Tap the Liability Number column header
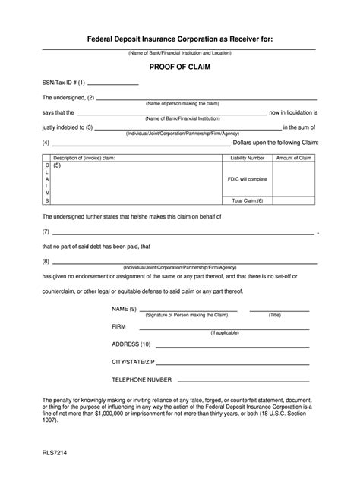(x=248, y=157)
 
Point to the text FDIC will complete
(x=248, y=179)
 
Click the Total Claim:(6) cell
(x=248, y=200)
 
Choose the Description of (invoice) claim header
(x=84, y=157)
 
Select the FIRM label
(x=120, y=326)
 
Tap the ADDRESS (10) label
(x=131, y=344)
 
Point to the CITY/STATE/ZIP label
(x=133, y=361)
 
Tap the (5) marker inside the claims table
(x=57, y=165)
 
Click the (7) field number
(x=46, y=231)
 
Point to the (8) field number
(x=46, y=261)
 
